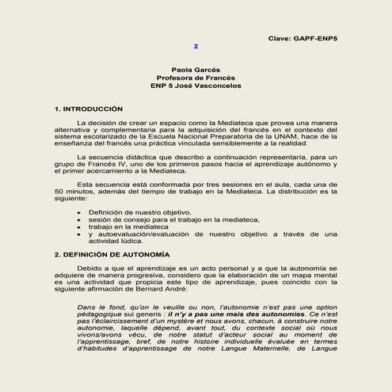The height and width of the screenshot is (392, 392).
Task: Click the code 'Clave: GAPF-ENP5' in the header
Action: pos(303,37)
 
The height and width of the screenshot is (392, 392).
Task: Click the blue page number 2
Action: pos(196,47)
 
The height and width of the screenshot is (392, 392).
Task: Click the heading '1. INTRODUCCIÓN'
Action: pos(88,107)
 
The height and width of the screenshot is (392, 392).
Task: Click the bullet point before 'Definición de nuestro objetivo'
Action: pos(78,213)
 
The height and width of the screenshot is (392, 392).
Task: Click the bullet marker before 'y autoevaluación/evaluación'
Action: pos(78,234)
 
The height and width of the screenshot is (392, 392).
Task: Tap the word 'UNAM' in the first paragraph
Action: pos(260,137)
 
